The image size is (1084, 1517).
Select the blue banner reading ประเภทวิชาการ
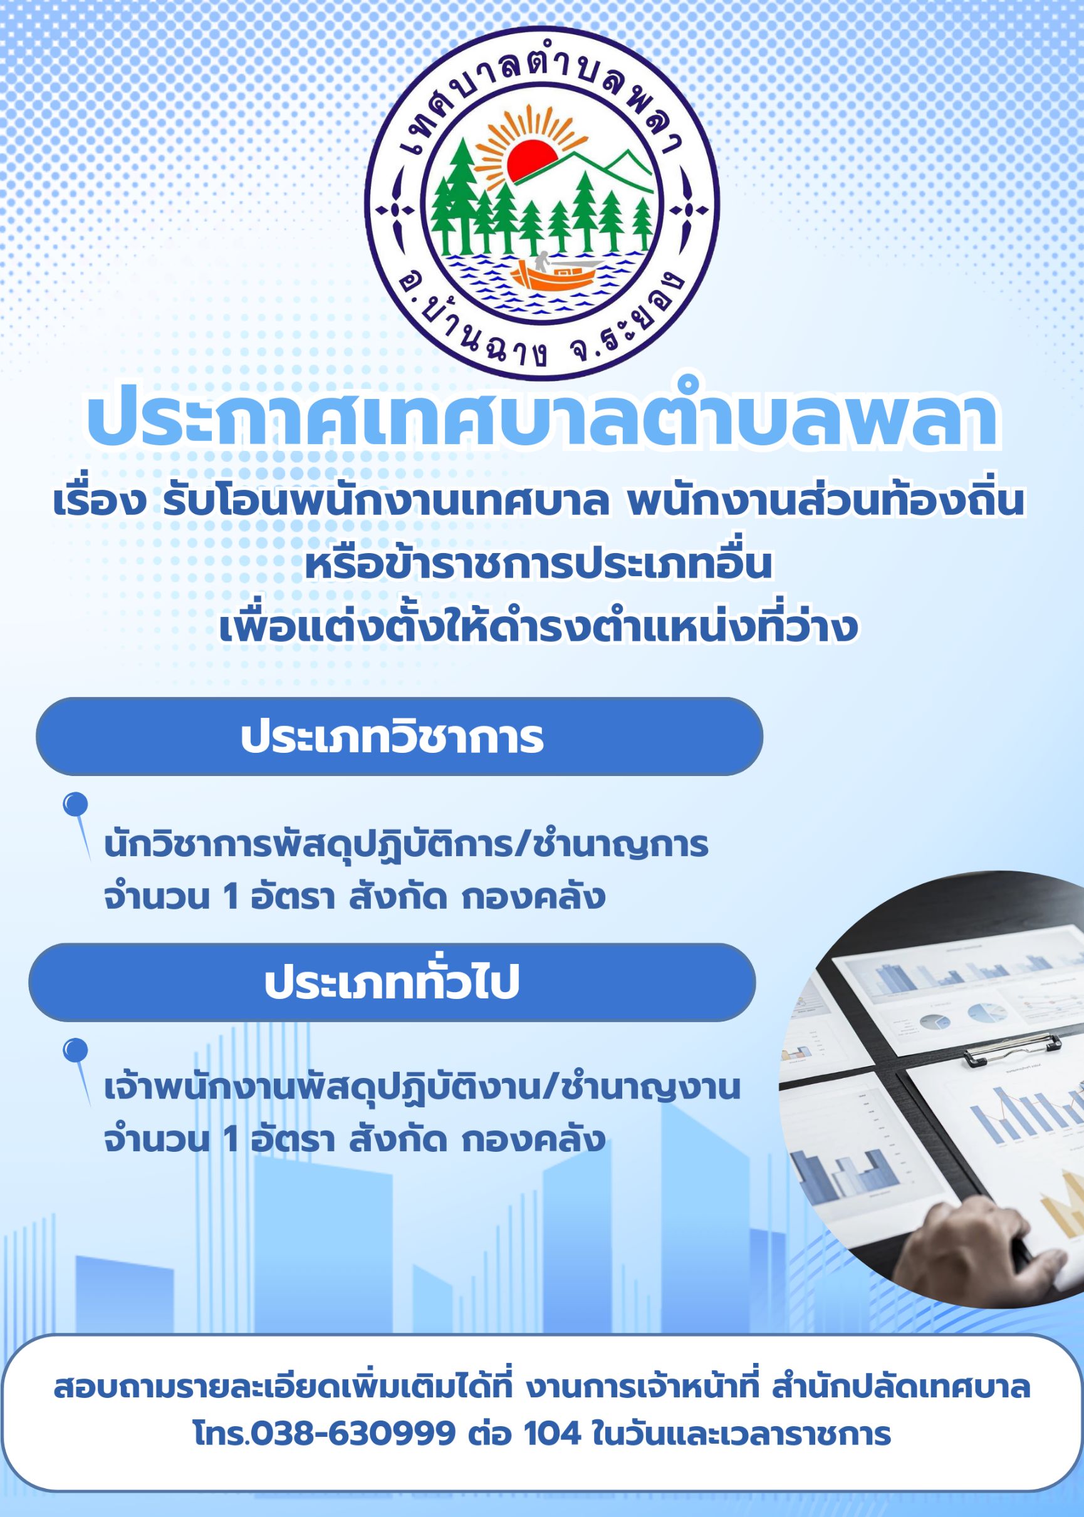pos(399,737)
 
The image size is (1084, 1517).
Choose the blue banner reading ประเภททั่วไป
pos(392,983)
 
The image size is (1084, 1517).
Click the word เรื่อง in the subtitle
pos(100,504)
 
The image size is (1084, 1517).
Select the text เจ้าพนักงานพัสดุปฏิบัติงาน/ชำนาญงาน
pos(422,1089)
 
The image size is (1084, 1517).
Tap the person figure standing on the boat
pos(542,262)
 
